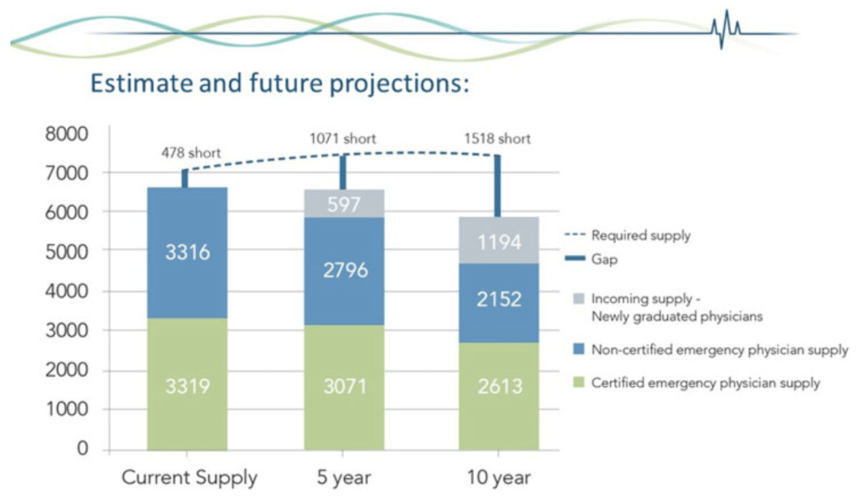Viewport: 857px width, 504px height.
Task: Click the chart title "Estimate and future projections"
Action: pyautogui.click(x=280, y=83)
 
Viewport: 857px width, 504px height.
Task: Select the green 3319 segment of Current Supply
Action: pyautogui.click(x=187, y=384)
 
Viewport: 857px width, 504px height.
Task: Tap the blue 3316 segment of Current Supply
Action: pyautogui.click(x=187, y=253)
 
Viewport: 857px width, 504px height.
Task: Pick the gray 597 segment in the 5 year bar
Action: pyautogui.click(x=344, y=204)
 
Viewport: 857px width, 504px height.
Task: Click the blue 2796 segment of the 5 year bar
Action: pyautogui.click(x=344, y=271)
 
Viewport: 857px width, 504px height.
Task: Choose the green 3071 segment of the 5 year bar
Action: pyautogui.click(x=344, y=388)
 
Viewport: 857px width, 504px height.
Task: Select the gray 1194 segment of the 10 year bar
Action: pyautogui.click(x=499, y=240)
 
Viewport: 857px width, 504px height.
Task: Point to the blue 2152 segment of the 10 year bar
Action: pyautogui.click(x=499, y=303)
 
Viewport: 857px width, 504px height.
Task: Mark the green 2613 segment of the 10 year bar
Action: pyautogui.click(x=499, y=396)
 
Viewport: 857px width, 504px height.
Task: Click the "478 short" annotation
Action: pyautogui.click(x=191, y=152)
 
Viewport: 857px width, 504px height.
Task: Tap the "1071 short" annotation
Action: pyautogui.click(x=342, y=139)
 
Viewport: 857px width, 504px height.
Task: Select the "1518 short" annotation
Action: pyautogui.click(x=497, y=139)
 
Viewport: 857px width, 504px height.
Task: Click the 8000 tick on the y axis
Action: pyautogui.click(x=66, y=133)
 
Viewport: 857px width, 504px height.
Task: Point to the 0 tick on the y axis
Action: pyautogui.click(x=82, y=448)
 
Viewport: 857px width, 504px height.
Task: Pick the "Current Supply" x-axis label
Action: pyautogui.click(x=189, y=477)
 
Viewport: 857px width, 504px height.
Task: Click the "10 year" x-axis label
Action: pyautogui.click(x=499, y=477)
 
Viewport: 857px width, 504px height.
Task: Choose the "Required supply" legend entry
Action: pyautogui.click(x=628, y=235)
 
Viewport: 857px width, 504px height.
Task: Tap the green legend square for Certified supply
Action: pyautogui.click(x=579, y=382)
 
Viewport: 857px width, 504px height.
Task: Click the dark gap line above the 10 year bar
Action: pyautogui.click(x=497, y=186)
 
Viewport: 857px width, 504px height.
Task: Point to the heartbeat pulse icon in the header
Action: pyautogui.click(x=726, y=28)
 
